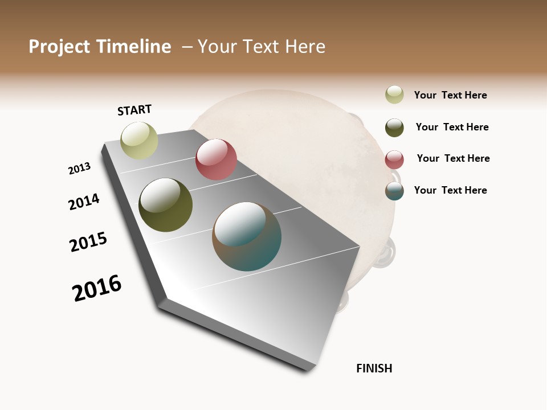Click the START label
[x=134, y=110]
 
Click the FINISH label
[x=374, y=368]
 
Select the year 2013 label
[x=79, y=169]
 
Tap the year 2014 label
[x=84, y=202]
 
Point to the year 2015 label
[x=88, y=242]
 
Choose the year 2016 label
[x=97, y=288]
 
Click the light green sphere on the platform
[x=139, y=141]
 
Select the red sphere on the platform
[x=216, y=159]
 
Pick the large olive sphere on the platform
[x=165, y=205]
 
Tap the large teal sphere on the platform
[x=247, y=236]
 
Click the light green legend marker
[x=394, y=95]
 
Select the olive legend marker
[x=394, y=128]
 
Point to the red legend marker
[x=394, y=159]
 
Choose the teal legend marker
[x=394, y=191]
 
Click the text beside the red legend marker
[x=453, y=158]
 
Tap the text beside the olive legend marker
[x=452, y=127]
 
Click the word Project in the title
[x=59, y=47]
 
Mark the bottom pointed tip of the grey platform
[x=307, y=369]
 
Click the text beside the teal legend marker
[x=450, y=190]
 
